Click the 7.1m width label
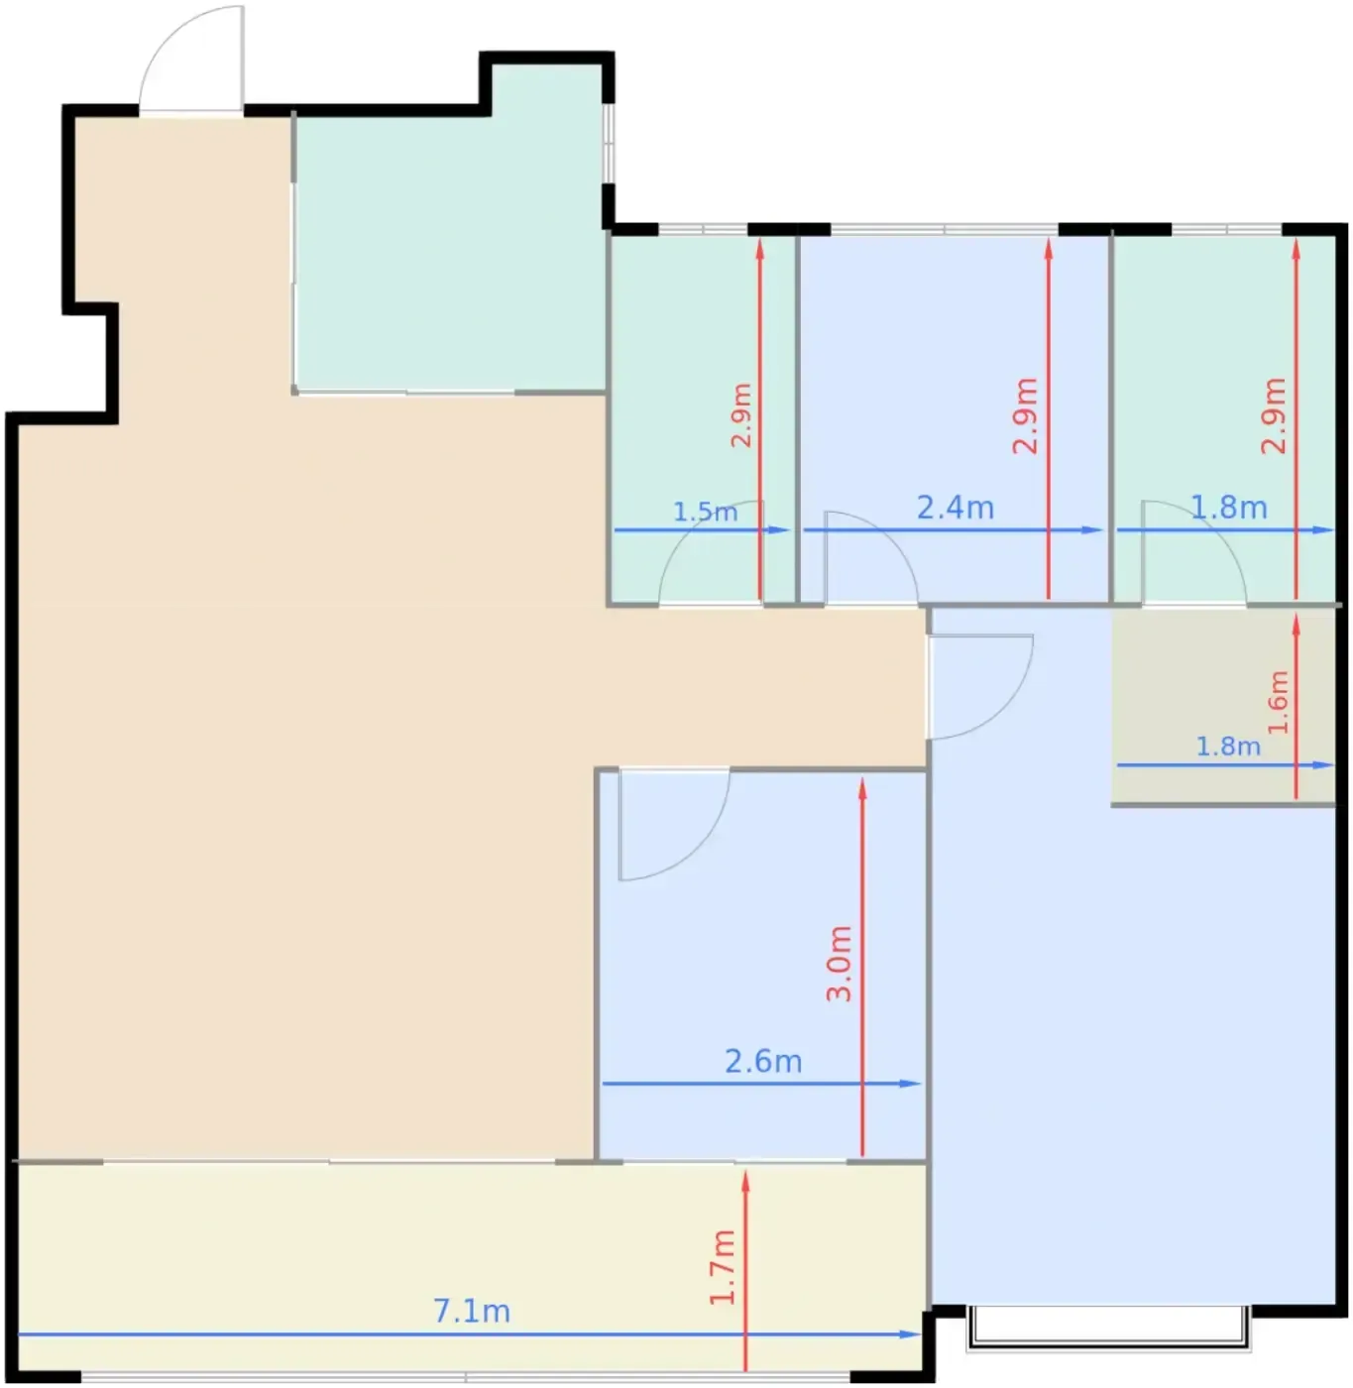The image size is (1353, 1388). coord(472,1311)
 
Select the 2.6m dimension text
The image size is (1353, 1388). coord(763,1062)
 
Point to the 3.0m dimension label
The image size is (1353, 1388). coord(839,964)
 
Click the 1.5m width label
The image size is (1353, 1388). coord(706,512)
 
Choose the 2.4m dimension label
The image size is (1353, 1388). coord(955,508)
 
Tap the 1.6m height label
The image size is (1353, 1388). coord(1278,702)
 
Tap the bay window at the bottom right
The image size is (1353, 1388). coord(1107,1329)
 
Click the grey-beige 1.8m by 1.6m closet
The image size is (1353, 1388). coord(1222,706)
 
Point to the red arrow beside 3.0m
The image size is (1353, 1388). coord(862,968)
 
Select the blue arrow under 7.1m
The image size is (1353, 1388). coord(469,1333)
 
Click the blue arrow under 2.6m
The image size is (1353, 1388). coord(761,1084)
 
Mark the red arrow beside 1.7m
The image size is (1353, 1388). coord(746,1270)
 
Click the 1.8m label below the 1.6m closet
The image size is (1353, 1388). coord(1228,747)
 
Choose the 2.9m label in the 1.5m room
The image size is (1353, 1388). coord(741,415)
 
